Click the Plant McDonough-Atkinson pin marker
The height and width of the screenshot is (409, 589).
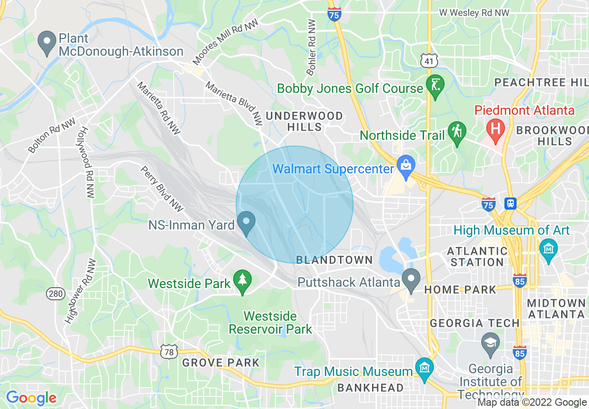pos(47,42)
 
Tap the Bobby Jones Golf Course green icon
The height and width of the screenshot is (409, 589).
pos(435,86)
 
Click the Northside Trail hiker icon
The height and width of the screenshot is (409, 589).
pos(457,133)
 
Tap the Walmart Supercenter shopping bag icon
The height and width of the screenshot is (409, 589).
pos(406,166)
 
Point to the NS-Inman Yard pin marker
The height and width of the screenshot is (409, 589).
pos(246,223)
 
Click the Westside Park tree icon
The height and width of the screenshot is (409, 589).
pos(242,281)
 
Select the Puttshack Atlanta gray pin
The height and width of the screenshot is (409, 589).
pos(411,280)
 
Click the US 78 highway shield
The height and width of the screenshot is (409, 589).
pos(169,352)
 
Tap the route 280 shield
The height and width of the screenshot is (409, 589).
pos(56,293)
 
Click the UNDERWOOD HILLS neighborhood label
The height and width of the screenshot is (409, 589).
pos(304,121)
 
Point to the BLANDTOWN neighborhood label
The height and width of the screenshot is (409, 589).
pos(334,260)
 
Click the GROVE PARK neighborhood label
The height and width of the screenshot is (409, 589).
pos(221,363)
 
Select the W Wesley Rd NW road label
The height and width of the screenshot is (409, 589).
pos(474,13)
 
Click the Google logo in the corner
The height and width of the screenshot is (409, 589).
pos(31,398)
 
